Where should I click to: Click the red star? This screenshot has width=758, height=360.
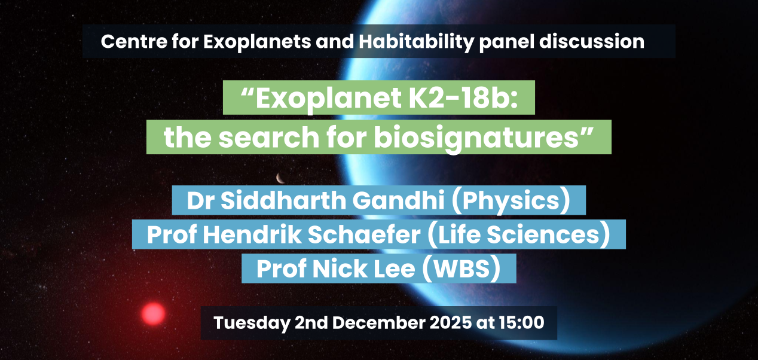tap(153, 314)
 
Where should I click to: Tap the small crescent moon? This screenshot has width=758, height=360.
tap(280, 178)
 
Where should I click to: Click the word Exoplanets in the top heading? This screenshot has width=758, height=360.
tap(257, 42)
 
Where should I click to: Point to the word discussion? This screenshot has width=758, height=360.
tap(591, 41)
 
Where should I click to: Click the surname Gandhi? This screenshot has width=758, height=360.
tap(398, 200)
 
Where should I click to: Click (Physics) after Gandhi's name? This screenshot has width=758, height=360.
tap(511, 201)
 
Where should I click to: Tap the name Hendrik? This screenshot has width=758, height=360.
tap(252, 234)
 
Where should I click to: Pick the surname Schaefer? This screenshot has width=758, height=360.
tap(364, 234)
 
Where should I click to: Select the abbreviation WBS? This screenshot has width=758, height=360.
tap(462, 269)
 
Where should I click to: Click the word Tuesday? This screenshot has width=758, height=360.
tap(252, 323)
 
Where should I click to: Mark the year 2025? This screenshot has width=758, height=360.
tap(450, 322)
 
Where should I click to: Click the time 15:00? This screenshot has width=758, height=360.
tap(521, 322)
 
